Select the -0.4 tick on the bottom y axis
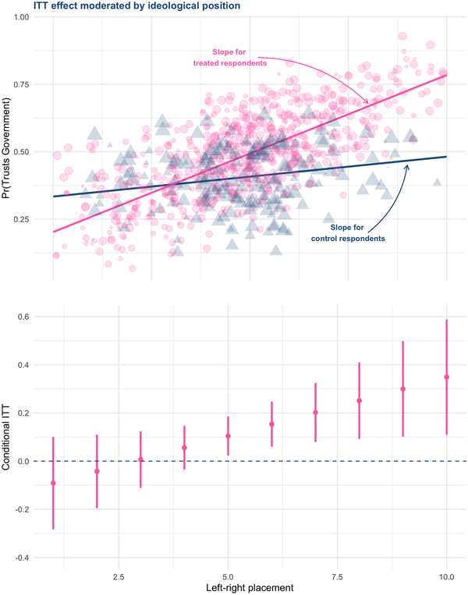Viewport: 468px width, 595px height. pyautogui.click(x=27, y=558)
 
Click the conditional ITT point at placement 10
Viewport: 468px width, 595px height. pyautogui.click(x=446, y=377)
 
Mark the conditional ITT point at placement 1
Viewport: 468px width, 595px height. pyautogui.click(x=53, y=483)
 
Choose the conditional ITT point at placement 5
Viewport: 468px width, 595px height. pyautogui.click(x=228, y=436)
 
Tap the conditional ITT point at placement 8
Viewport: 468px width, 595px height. pyautogui.click(x=359, y=401)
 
